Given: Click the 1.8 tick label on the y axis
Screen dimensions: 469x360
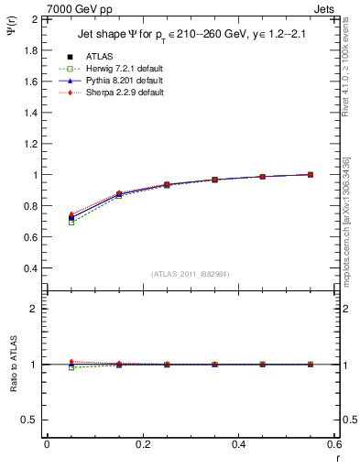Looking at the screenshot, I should (x=30, y=49).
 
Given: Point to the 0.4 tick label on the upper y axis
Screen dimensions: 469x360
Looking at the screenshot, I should (x=30, y=268).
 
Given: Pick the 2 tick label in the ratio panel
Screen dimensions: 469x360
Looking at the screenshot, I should (x=34, y=309).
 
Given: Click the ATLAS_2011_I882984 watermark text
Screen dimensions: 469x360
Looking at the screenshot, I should (x=190, y=274).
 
